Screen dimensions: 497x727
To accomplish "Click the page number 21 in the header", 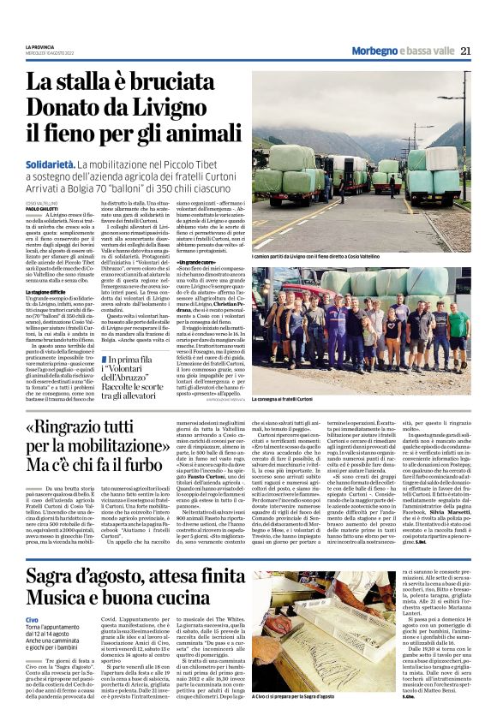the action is click(x=465, y=51).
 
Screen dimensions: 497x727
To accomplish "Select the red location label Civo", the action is click(x=31, y=618).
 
